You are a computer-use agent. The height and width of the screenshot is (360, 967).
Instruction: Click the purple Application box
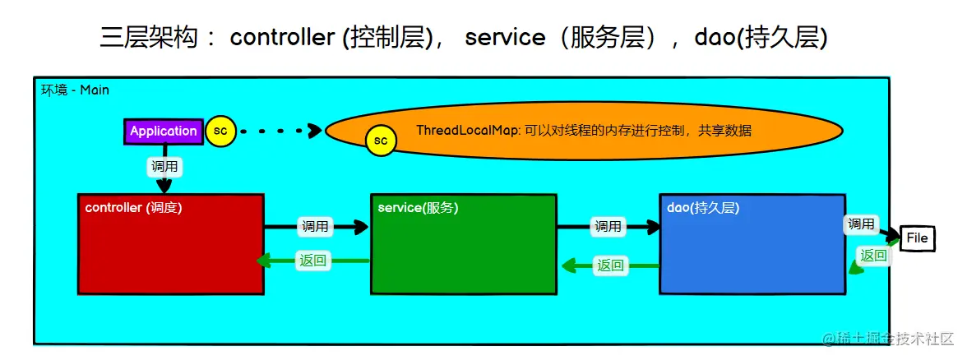[x=164, y=132]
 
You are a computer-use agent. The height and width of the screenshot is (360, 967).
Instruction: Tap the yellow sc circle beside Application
[x=220, y=131]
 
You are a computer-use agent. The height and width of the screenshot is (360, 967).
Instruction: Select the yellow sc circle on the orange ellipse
[x=381, y=141]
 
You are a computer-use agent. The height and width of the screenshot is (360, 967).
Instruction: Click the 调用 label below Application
[x=164, y=166]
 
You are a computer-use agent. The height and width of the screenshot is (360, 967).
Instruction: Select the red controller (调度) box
[x=171, y=243]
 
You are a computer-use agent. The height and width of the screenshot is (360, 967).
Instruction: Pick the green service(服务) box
[x=464, y=243]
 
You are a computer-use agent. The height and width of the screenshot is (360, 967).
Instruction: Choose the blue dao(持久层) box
[x=752, y=243]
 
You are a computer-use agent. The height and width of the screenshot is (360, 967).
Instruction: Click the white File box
[x=916, y=238]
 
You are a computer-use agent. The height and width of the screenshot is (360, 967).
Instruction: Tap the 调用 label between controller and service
[x=315, y=226]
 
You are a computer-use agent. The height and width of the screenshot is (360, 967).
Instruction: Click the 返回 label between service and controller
[x=312, y=261]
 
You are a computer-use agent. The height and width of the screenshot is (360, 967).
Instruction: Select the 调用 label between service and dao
[x=608, y=226]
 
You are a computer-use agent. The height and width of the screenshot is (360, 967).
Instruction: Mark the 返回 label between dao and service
[x=609, y=265]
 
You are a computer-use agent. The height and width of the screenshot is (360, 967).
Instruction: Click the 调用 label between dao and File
[x=861, y=224]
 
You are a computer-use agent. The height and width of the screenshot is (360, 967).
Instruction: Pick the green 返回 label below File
[x=872, y=256]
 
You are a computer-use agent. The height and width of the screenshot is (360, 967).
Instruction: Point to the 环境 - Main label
[x=75, y=90]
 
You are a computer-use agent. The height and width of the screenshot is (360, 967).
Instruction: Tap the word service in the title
[x=504, y=37]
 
